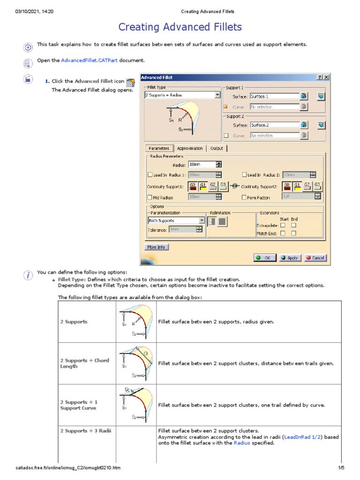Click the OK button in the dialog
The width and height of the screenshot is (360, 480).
(x=265, y=258)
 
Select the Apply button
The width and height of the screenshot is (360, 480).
(x=290, y=258)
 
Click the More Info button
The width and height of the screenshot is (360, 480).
(x=157, y=247)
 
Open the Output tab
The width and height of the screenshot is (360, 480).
(x=217, y=148)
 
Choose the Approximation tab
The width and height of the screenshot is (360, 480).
(x=190, y=148)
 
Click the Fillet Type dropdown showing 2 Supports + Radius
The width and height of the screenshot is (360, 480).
(x=182, y=95)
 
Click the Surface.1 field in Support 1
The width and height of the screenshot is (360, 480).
(x=275, y=96)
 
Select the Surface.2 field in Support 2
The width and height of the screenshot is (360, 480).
(x=275, y=125)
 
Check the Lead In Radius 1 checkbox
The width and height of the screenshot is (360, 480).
(x=150, y=175)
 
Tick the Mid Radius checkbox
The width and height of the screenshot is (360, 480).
(x=150, y=197)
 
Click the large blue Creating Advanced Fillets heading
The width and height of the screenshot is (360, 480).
(x=180, y=27)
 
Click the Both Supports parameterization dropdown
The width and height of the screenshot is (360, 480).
(x=176, y=220)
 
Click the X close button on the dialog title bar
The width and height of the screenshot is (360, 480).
(x=326, y=77)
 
